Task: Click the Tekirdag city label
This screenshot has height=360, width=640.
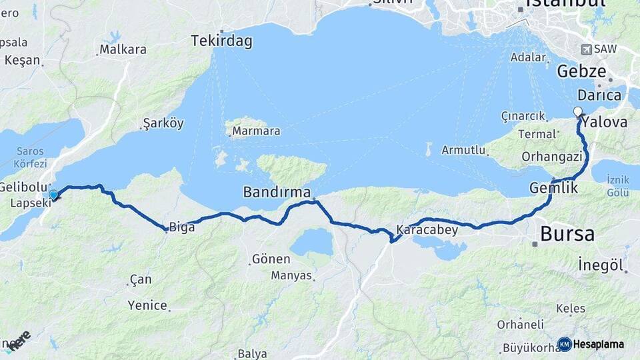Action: click(222, 41)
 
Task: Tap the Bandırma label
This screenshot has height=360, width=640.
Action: click(277, 192)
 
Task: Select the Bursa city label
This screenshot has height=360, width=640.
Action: click(567, 234)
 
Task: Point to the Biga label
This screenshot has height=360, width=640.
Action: click(182, 227)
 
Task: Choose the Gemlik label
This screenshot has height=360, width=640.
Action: click(553, 188)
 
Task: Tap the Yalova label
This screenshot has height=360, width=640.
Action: click(605, 123)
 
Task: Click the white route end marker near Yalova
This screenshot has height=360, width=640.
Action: click(577, 112)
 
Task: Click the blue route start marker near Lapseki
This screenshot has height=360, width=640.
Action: click(53, 194)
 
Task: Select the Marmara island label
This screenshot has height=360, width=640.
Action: click(256, 131)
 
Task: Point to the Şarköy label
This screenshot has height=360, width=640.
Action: click(163, 123)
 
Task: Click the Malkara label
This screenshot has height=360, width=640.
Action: click(123, 49)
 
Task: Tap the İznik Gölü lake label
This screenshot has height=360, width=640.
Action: click(618, 186)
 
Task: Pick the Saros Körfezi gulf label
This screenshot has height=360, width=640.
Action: click(29, 157)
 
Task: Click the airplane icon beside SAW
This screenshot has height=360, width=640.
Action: click(586, 49)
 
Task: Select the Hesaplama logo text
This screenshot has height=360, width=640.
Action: click(599, 344)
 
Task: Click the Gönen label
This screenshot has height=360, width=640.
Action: click(271, 259)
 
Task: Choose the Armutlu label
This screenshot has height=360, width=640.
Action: click(463, 150)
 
